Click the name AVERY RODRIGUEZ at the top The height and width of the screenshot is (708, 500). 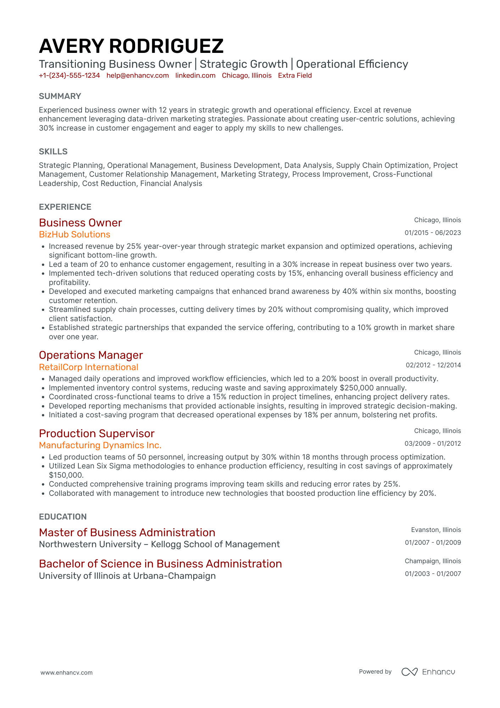(x=131, y=46)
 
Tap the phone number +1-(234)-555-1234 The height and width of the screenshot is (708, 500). (x=70, y=76)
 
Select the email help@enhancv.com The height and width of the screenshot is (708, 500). (x=138, y=76)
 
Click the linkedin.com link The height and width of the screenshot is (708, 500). (x=195, y=76)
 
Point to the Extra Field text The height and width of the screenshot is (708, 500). (x=295, y=76)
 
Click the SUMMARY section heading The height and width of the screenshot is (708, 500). (x=60, y=96)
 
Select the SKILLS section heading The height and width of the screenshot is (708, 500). (x=53, y=152)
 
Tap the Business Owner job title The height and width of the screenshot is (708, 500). (x=80, y=223)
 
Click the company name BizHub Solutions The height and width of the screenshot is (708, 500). (x=74, y=235)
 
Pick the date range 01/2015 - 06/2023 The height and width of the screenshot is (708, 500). (x=433, y=233)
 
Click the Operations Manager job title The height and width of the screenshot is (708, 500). (x=91, y=355)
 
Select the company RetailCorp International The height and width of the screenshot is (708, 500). (x=89, y=367)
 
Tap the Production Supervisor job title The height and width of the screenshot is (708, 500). (x=97, y=433)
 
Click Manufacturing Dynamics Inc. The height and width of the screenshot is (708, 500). (x=100, y=445)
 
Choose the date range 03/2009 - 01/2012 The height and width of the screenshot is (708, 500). (x=433, y=443)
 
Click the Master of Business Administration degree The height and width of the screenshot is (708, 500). (x=127, y=532)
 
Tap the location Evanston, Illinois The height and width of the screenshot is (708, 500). (x=436, y=530)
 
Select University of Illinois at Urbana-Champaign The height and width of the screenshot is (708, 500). (x=127, y=576)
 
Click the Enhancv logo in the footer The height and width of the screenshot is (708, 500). (x=428, y=672)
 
